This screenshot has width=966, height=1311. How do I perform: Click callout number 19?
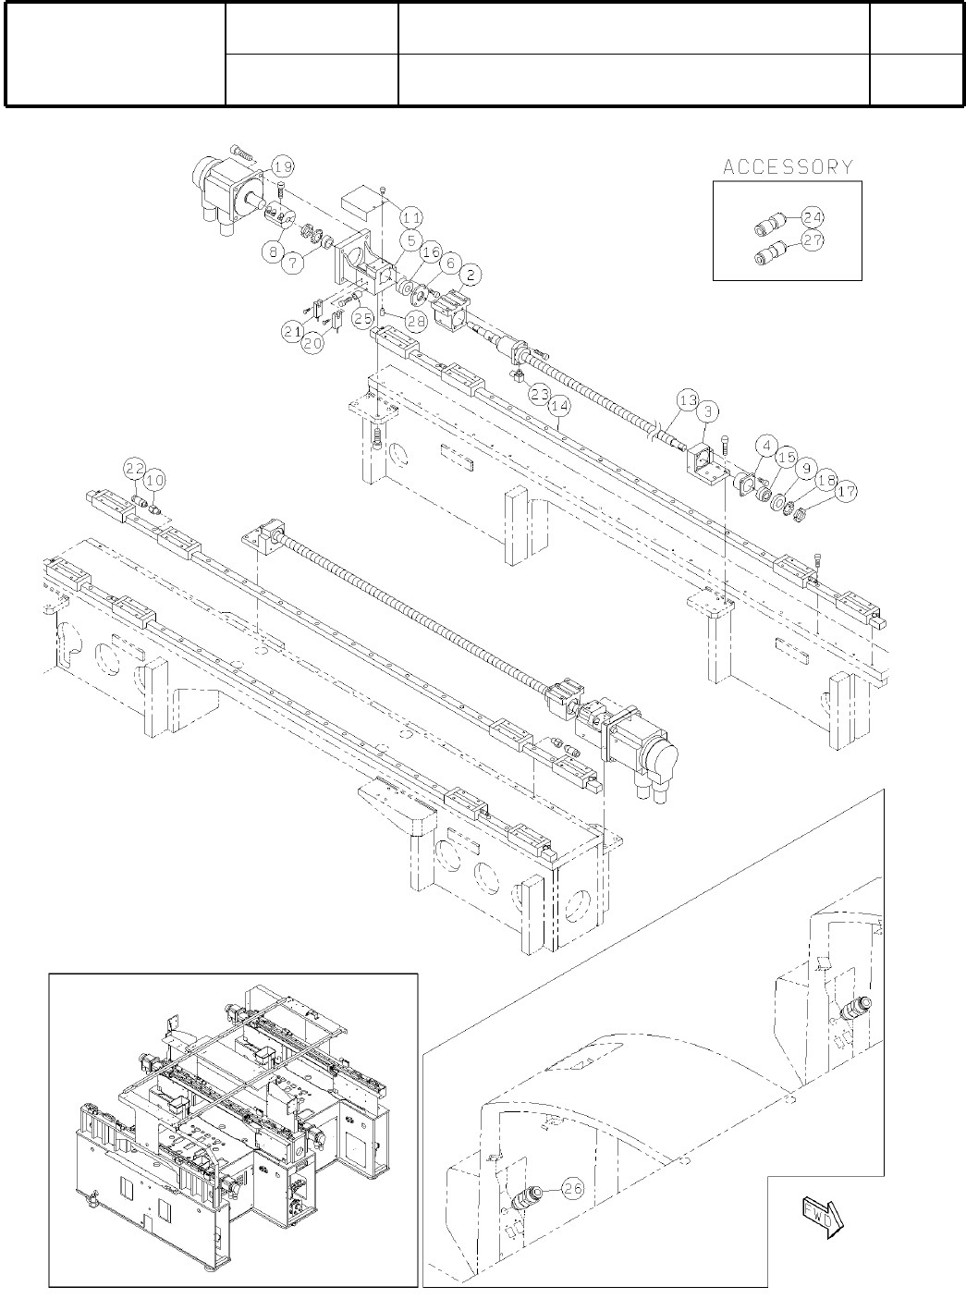pyautogui.click(x=283, y=167)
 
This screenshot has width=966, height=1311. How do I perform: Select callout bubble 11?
pyautogui.click(x=411, y=216)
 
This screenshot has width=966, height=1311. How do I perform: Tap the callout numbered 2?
pyautogui.click(x=471, y=275)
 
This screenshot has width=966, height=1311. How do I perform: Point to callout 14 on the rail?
pyautogui.click(x=558, y=405)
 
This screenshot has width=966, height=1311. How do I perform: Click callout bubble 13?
pyautogui.click(x=687, y=400)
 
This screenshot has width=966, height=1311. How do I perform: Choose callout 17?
pyautogui.click(x=847, y=494)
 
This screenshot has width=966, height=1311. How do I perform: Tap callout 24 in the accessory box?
pyautogui.click(x=813, y=218)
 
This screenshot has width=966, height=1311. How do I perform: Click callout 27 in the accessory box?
pyautogui.click(x=813, y=240)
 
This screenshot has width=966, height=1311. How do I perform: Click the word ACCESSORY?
pyautogui.click(x=788, y=167)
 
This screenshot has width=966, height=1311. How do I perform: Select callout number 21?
pyautogui.click(x=293, y=330)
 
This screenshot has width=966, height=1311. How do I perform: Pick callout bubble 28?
pyautogui.click(x=415, y=320)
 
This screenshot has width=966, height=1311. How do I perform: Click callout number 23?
pyautogui.click(x=540, y=393)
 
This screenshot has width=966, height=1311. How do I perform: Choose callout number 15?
pyautogui.click(x=787, y=459)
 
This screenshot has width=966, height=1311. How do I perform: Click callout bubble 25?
pyautogui.click(x=363, y=317)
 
